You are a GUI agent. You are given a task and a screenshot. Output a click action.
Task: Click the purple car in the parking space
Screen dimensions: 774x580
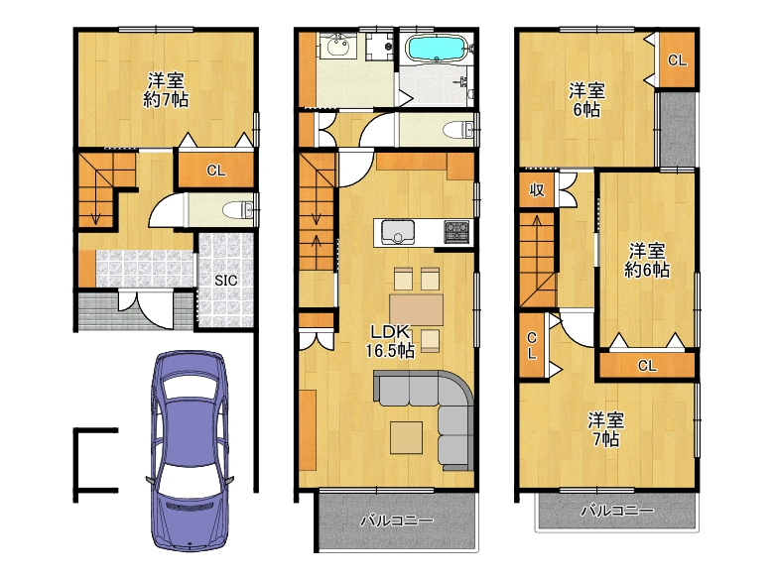(x=191, y=450)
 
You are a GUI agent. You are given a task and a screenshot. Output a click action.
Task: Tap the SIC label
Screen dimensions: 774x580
(x=225, y=281)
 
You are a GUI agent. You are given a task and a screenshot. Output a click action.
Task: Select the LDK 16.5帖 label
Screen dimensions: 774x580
(x=390, y=341)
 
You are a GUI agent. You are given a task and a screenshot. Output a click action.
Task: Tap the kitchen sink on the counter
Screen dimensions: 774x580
(x=397, y=232)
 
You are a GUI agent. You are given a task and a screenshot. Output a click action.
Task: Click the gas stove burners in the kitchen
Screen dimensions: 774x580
(x=456, y=231)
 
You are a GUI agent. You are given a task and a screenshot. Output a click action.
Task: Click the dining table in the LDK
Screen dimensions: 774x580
(x=416, y=309)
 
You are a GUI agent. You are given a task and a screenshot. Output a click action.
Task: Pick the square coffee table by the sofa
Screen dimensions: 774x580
(x=406, y=437)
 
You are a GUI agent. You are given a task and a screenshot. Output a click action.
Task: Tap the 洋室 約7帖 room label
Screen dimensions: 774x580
(x=166, y=90)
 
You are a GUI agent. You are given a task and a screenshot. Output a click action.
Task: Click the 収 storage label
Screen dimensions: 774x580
(x=537, y=189)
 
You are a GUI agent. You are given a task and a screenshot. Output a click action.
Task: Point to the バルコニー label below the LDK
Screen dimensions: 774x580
(x=397, y=521)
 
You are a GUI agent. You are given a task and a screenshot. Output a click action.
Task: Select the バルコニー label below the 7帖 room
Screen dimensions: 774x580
(x=617, y=510)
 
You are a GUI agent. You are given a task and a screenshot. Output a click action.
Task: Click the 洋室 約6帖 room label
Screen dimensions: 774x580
(x=647, y=261)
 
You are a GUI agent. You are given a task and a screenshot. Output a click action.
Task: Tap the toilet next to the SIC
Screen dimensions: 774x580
(x=238, y=210)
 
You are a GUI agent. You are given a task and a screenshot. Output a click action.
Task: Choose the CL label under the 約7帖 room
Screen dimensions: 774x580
(x=215, y=171)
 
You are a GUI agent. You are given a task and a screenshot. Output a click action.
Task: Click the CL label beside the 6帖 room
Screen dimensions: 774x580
(x=677, y=60)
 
